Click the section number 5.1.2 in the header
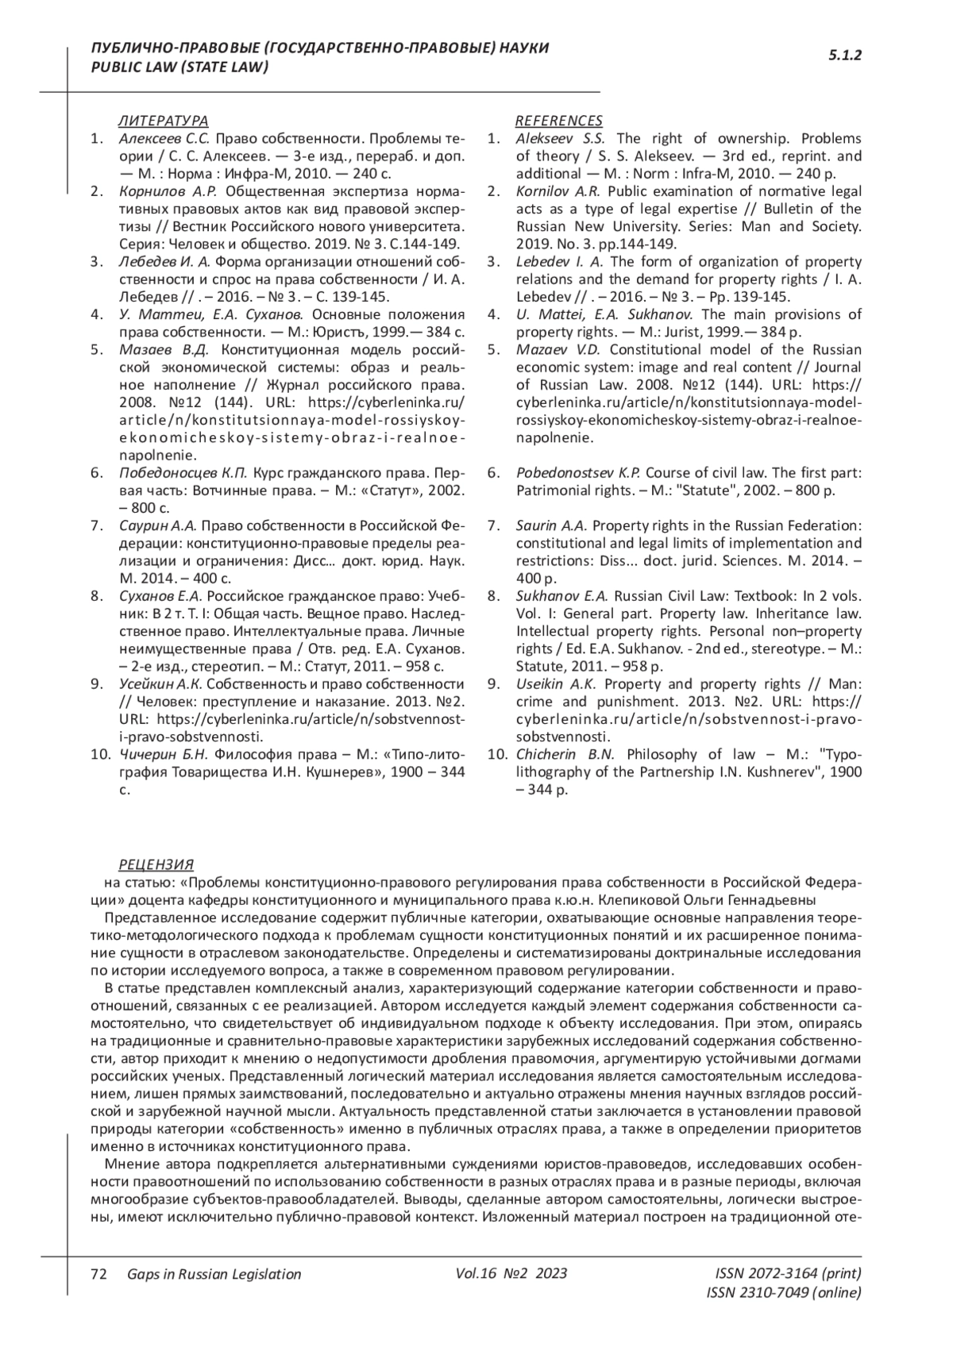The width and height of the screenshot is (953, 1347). [845, 56]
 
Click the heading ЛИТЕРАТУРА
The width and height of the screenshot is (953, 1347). [163, 121]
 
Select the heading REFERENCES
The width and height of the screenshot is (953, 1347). [558, 121]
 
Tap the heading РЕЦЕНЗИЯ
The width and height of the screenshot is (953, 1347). [156, 864]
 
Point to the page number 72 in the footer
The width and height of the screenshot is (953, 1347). [99, 1274]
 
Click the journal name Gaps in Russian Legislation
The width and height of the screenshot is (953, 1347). [214, 1274]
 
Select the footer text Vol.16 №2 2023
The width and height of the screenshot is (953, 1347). [511, 1273]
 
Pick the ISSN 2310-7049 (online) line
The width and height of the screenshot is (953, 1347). [783, 1292]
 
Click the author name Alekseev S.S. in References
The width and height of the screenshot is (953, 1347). [560, 138]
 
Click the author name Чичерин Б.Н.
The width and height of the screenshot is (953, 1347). [163, 754]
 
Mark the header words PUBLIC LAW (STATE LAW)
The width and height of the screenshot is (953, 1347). [180, 67]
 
